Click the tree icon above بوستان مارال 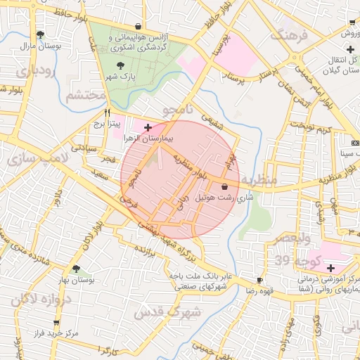pyautogui.click(x=40, y=34)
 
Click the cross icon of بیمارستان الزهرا pyautogui.click(x=148, y=127)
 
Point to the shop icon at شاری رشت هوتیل pyautogui.click(x=224, y=187)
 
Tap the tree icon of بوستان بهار pyautogui.click(x=75, y=269)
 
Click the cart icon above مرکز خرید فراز pyautogui.click(x=56, y=323)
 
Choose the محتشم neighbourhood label pyautogui.click(x=86, y=98)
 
